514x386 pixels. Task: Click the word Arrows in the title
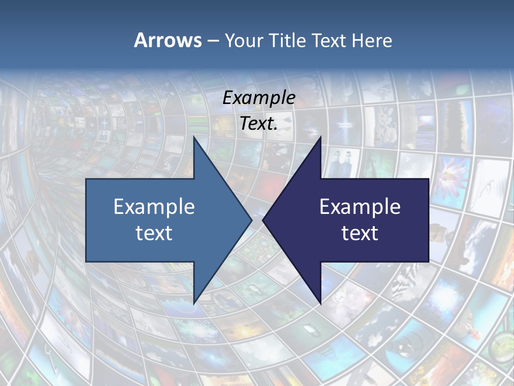coord(168,40)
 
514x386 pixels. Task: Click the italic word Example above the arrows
coord(259,98)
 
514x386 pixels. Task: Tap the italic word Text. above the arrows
coord(259,124)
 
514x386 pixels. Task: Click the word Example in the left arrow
coord(154,207)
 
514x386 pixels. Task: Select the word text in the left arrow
coord(154,233)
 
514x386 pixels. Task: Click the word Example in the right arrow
coord(360,207)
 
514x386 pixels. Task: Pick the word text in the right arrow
coord(360,233)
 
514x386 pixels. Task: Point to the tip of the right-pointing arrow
coord(252,220)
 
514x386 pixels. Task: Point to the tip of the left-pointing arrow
coord(263,220)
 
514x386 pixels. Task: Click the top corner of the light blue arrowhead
coord(194,137)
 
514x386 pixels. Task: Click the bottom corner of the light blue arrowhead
coord(194,303)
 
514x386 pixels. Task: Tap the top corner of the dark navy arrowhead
coord(321,137)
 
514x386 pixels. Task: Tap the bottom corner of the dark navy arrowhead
coord(321,303)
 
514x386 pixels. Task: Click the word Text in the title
coord(330,40)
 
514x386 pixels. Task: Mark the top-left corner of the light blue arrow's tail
coord(86,179)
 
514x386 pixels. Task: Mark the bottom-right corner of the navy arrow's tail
coord(428,262)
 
